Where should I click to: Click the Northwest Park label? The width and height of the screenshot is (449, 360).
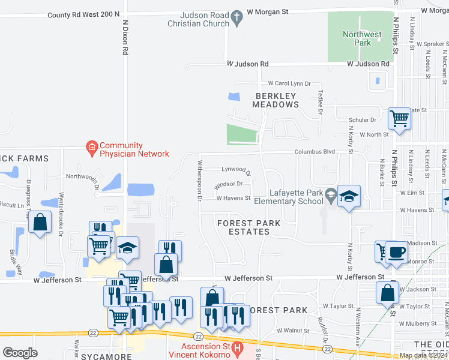(x=362, y=39)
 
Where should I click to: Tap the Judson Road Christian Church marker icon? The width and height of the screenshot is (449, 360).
(x=237, y=18)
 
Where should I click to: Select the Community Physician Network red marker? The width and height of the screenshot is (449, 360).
(x=91, y=147)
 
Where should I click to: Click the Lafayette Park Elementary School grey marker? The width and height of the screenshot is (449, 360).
(x=330, y=194)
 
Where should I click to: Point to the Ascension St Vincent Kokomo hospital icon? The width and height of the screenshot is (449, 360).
(x=238, y=347)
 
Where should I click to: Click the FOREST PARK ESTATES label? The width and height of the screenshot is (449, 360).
(x=249, y=227)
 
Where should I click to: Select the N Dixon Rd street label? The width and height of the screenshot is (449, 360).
(x=125, y=37)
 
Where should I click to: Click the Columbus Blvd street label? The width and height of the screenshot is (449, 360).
(x=314, y=152)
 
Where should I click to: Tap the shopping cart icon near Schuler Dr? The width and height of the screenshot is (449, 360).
(x=399, y=118)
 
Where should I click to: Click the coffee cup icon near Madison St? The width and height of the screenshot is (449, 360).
(x=396, y=252)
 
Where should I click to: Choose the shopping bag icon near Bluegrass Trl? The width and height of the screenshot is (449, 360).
(x=40, y=223)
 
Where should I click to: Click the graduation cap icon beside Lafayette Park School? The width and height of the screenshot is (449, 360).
(x=349, y=196)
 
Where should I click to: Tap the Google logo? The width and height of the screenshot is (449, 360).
(x=20, y=352)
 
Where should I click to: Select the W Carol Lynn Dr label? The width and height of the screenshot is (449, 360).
(x=289, y=83)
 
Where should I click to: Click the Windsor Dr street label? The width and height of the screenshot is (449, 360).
(x=228, y=184)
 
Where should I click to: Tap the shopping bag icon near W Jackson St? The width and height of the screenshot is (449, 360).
(x=388, y=293)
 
